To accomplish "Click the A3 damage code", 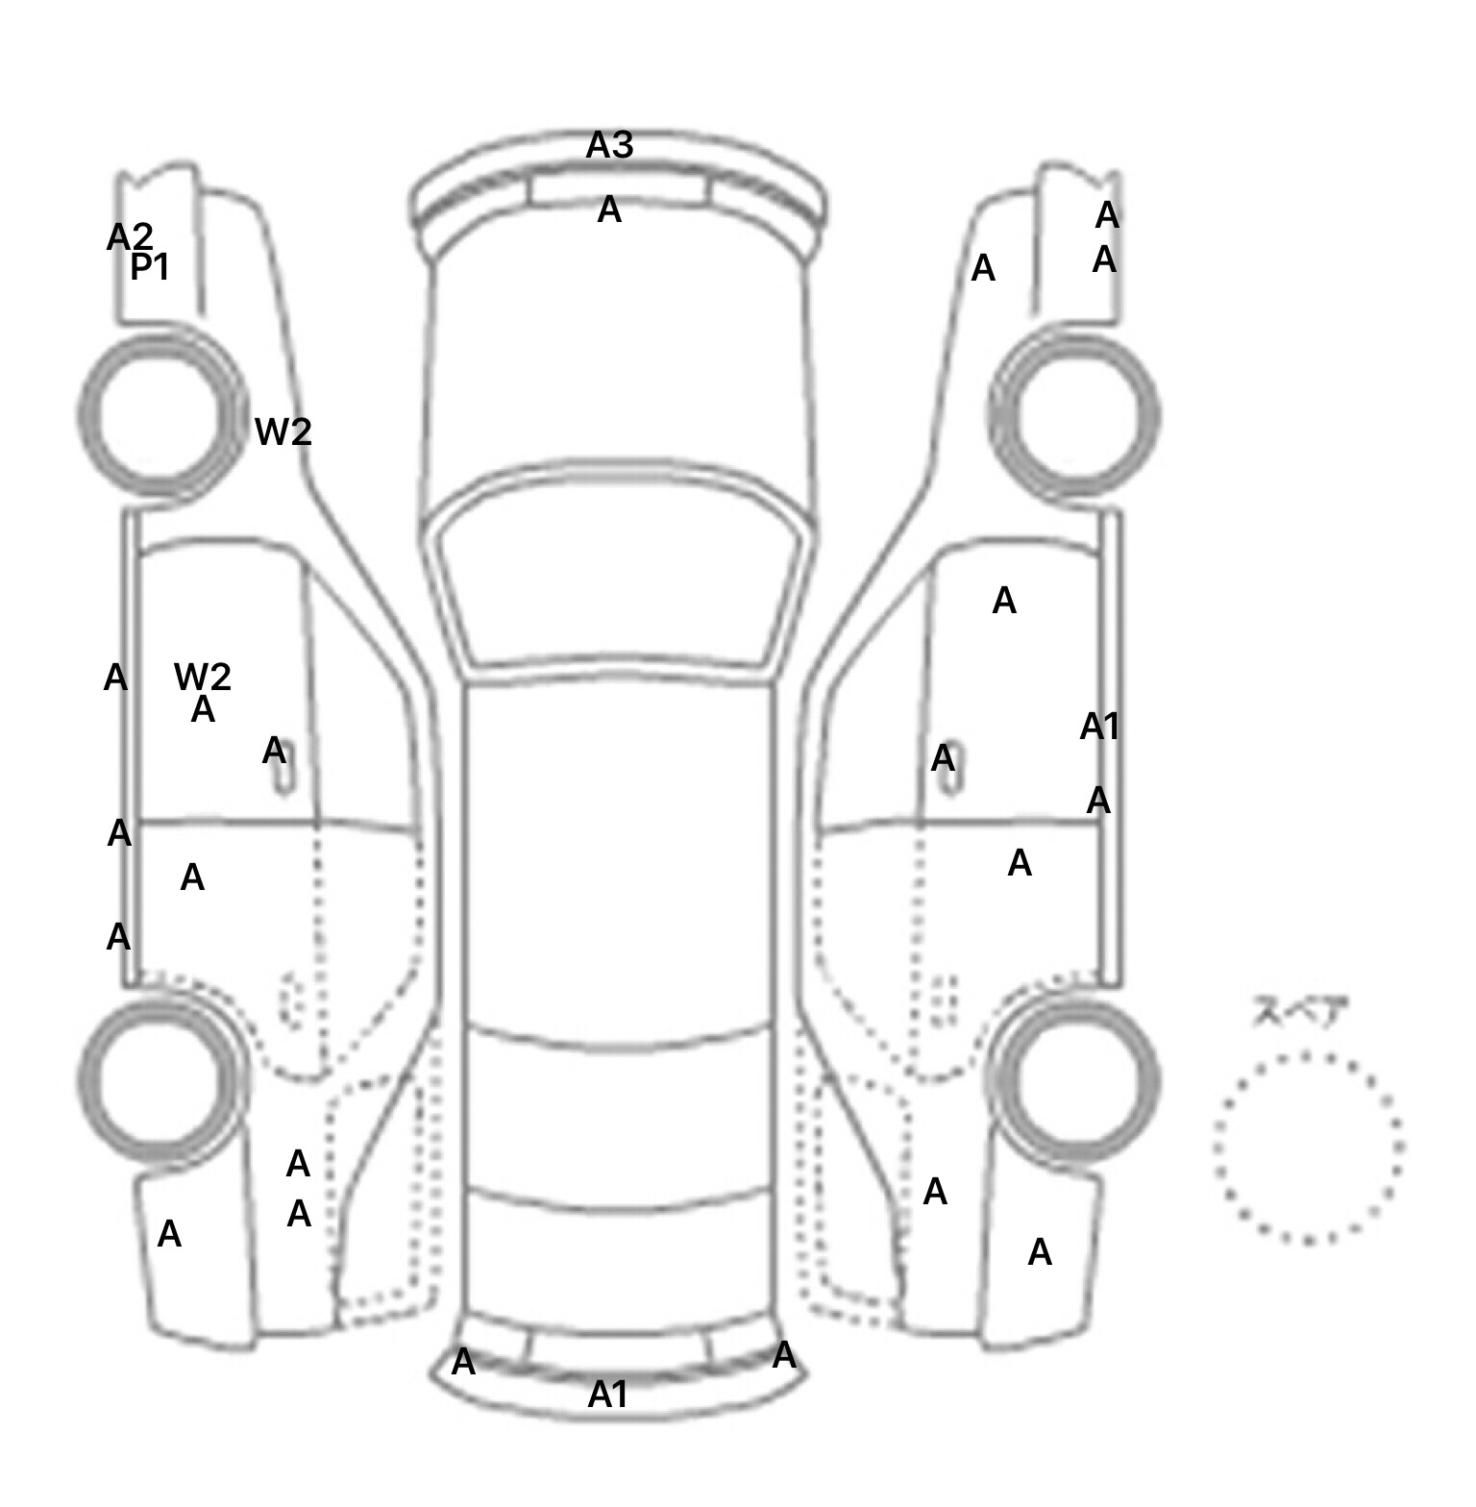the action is pos(610,145).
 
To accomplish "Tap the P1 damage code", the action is pos(150,267).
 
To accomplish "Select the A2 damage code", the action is pos(130,236).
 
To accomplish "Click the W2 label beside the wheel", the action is pos(283,432).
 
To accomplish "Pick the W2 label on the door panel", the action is pos(203,677).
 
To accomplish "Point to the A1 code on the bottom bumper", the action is pos(607,1394).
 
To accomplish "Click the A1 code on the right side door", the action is pos(1099,727).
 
